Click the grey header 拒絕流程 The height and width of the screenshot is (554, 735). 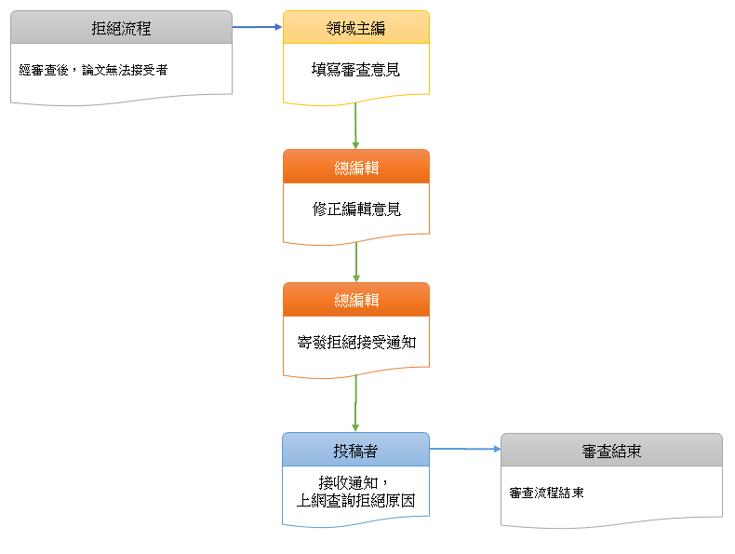point(121,28)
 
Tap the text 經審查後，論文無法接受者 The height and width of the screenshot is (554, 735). point(93,70)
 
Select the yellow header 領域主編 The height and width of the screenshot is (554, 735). point(355,28)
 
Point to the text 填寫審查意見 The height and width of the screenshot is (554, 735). point(355,69)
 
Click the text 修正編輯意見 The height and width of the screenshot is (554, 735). point(355,209)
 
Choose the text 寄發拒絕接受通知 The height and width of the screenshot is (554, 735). point(355,342)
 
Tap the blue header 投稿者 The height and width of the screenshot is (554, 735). point(355,451)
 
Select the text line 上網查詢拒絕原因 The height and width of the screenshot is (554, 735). point(355,501)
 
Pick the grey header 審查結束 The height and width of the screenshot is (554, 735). point(611,452)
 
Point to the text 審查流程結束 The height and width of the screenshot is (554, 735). point(547,493)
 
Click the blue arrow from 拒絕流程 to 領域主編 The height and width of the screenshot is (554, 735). point(257,27)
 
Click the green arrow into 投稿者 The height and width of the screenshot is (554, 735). point(355,404)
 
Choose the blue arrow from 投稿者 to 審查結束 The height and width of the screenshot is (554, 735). point(465,449)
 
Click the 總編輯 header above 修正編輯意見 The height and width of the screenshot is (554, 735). point(355,168)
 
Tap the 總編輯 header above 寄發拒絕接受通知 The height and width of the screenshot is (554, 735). point(355,300)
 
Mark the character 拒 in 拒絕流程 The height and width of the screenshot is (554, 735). point(99,28)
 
